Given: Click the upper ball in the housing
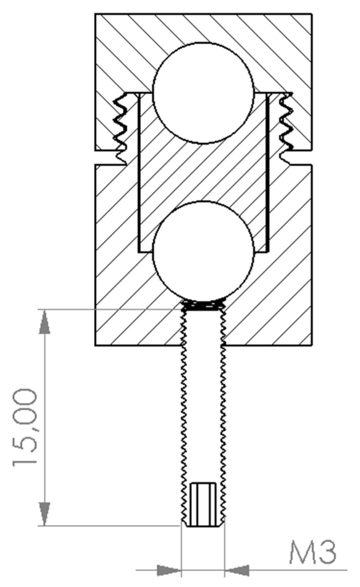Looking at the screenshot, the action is (203, 93).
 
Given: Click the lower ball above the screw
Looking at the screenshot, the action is (203, 252).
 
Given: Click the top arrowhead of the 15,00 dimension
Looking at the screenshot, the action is (44, 322).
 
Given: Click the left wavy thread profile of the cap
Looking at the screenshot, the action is (121, 129).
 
